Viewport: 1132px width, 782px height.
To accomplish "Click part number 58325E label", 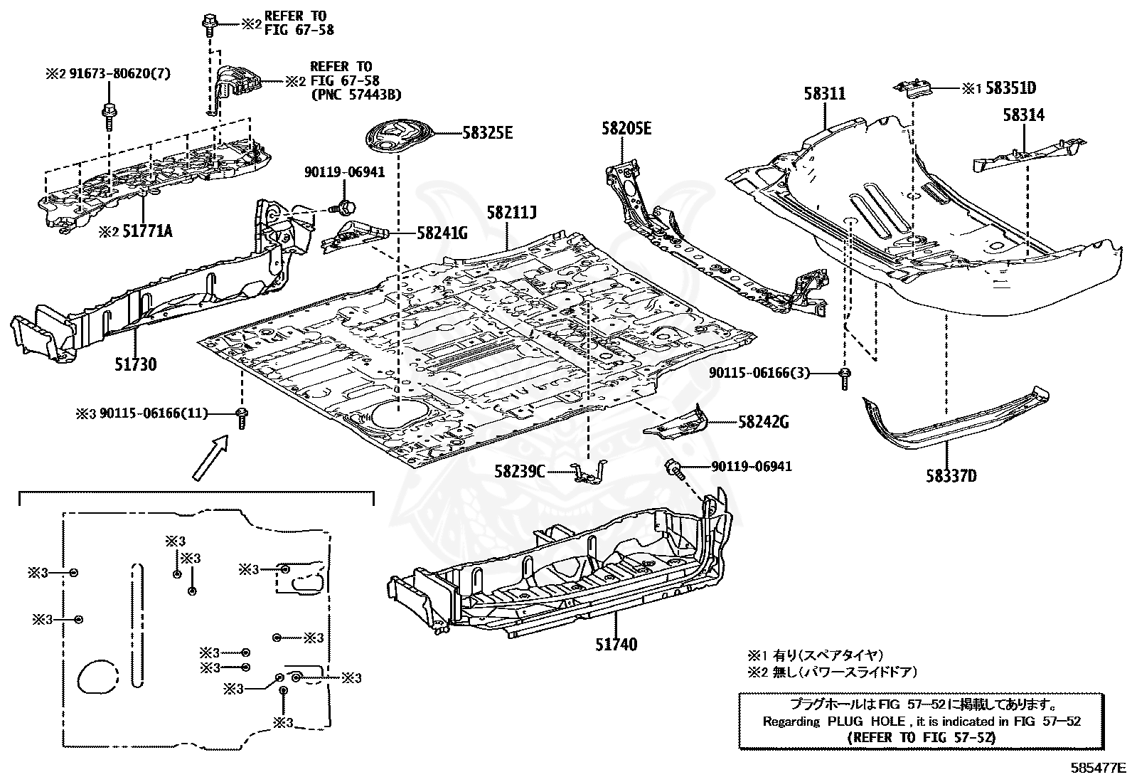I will click(x=487, y=132).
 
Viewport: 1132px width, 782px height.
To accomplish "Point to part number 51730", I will click(x=135, y=364).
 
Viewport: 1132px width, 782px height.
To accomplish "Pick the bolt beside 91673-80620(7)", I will click(x=110, y=113).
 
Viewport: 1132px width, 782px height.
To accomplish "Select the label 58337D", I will click(x=951, y=475).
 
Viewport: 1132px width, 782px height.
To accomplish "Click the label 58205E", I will click(x=626, y=128).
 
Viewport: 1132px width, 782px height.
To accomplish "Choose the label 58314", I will click(x=1024, y=114).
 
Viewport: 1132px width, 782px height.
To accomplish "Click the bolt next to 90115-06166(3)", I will click(x=845, y=376).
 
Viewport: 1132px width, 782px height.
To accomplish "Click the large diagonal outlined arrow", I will click(x=210, y=458).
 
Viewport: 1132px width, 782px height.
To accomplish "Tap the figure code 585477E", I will click(x=1099, y=768).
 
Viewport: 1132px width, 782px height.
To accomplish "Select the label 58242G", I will click(x=763, y=422).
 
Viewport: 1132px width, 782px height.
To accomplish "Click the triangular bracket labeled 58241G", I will click(x=351, y=236).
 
